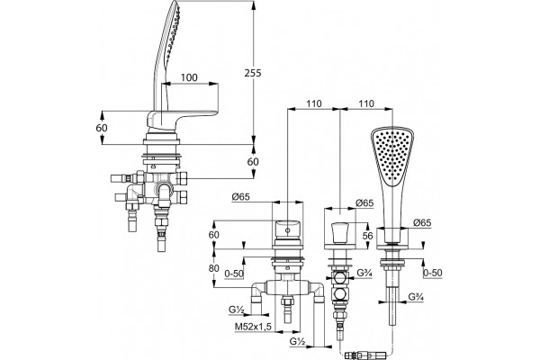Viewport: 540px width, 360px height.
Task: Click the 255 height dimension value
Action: (253, 73)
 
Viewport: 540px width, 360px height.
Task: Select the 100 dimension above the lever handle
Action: (189, 77)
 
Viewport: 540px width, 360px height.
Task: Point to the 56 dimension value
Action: (368, 236)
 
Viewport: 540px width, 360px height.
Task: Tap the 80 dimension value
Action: (214, 267)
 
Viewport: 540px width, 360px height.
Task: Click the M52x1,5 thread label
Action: (254, 326)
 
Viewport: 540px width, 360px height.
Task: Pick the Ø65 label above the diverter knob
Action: (364, 202)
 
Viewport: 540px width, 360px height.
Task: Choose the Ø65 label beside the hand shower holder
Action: (422, 222)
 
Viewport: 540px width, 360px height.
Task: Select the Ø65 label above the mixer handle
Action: (240, 197)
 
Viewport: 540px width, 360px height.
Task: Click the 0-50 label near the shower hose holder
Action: (432, 273)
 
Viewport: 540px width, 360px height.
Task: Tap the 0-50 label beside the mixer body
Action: (234, 274)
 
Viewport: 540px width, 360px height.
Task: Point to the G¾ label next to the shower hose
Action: (416, 297)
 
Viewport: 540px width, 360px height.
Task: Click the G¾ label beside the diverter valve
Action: (364, 273)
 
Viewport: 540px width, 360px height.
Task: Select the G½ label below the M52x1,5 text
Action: (297, 341)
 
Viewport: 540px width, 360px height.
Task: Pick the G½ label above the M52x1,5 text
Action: (237, 310)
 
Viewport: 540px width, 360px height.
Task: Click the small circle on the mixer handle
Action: (287, 229)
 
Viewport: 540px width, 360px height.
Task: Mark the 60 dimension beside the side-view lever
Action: (102, 128)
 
